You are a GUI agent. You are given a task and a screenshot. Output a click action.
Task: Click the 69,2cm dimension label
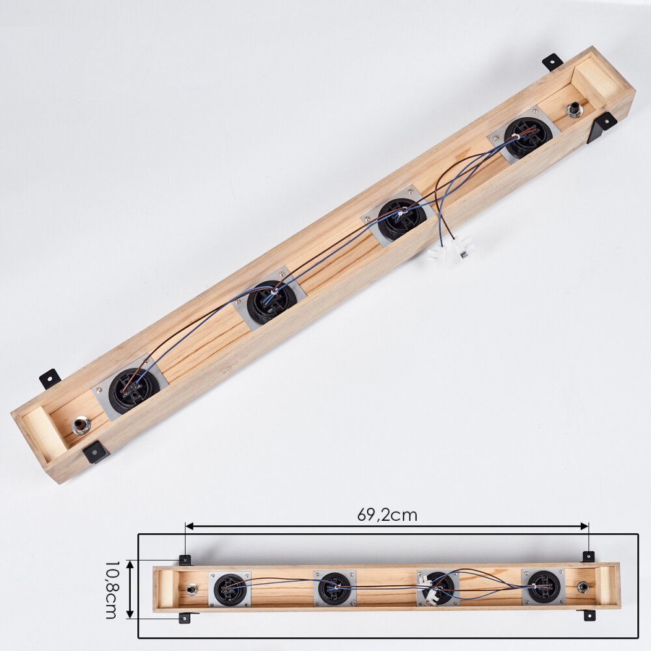[x=387, y=515]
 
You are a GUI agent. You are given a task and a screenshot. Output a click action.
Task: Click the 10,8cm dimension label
[x=112, y=590]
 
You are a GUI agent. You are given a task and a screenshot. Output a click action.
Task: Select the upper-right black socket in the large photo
[x=528, y=137]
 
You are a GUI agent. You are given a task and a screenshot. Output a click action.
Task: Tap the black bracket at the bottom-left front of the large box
[x=95, y=452]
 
